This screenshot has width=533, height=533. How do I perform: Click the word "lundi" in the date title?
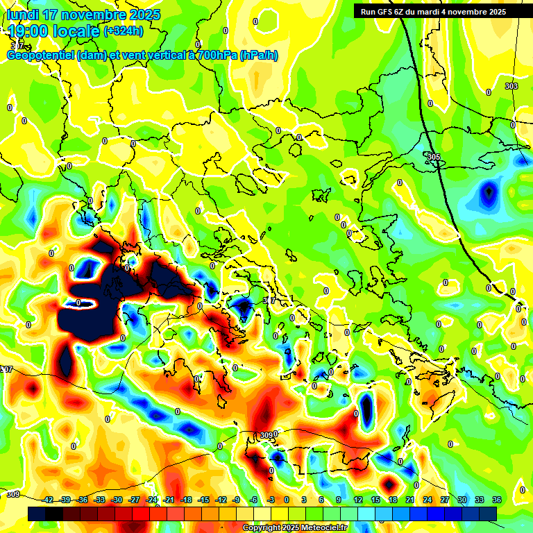click(x=23, y=15)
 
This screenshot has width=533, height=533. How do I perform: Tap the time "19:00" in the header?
click(x=28, y=31)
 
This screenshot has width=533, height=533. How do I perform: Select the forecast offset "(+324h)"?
click(x=124, y=31)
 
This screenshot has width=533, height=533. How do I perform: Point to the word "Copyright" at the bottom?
click(x=262, y=528)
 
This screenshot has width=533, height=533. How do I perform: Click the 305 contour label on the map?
click(x=434, y=158)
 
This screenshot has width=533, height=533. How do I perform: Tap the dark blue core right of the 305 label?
click(x=489, y=191)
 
